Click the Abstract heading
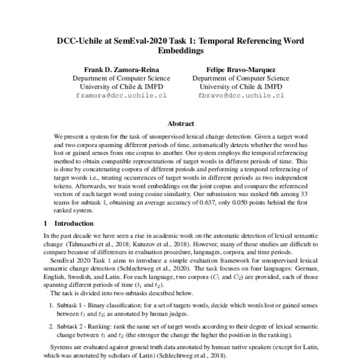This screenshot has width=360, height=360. tap(180, 124)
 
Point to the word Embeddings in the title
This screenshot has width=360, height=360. tap(180, 52)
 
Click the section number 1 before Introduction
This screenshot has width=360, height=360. tap(46, 223)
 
